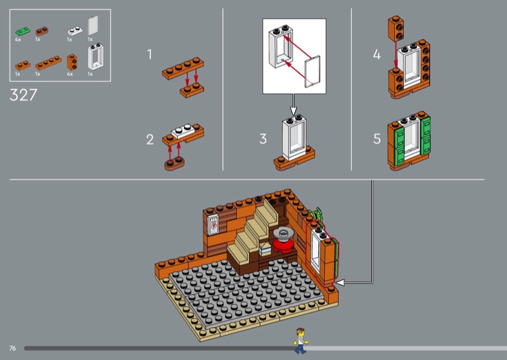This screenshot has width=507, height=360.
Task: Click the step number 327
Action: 24,96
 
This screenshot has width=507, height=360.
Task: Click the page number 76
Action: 13,348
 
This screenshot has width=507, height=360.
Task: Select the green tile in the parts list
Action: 24,30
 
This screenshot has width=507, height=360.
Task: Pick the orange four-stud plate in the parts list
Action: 48,63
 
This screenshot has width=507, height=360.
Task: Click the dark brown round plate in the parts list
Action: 43,30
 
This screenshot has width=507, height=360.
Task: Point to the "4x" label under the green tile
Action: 18,40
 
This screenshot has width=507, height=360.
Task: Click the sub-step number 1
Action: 150,55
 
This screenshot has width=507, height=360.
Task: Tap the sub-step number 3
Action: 263,139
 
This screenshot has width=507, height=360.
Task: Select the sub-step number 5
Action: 377,139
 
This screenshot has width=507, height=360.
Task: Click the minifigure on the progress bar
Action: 300,341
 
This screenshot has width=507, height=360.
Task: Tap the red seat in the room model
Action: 283,244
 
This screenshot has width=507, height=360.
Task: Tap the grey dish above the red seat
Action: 281,231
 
